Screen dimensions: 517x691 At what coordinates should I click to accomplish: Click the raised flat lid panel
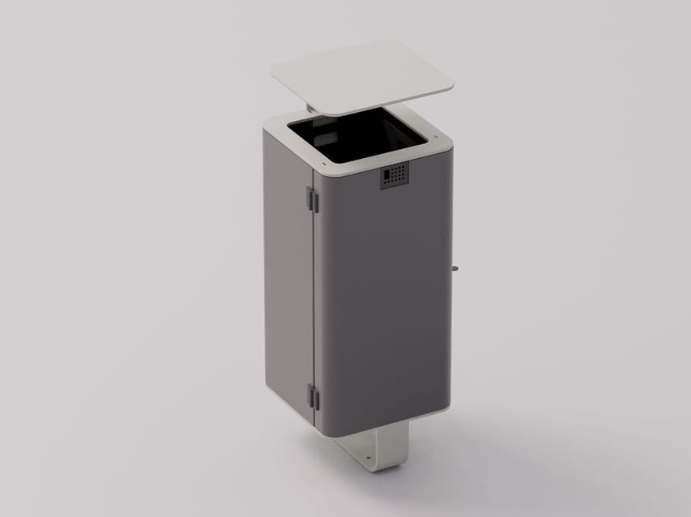362,78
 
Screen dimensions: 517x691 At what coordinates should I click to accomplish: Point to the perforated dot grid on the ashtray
398,174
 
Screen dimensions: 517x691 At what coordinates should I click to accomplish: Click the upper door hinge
312,198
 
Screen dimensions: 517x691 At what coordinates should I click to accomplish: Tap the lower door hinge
313,397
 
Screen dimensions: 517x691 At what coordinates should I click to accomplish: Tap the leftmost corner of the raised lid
272,77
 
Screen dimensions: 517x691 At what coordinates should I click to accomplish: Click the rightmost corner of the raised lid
453,82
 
